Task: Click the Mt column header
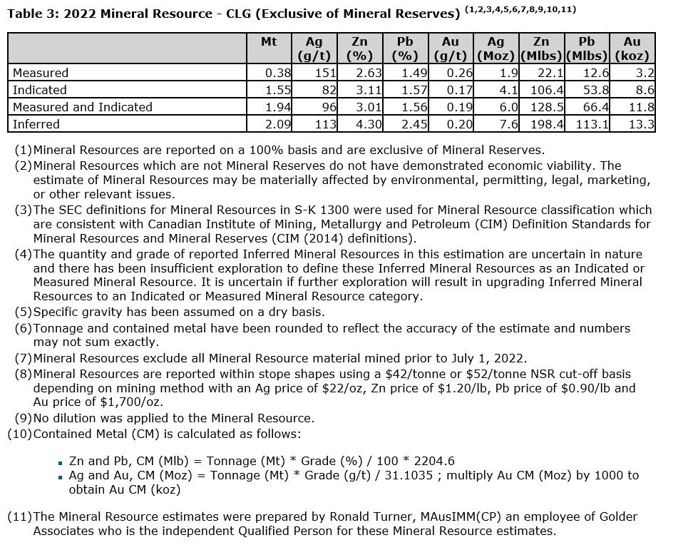pyautogui.click(x=269, y=42)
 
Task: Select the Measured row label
pyautogui.click(x=41, y=73)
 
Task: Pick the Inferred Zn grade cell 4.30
pyautogui.click(x=369, y=124)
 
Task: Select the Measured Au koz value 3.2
pyautogui.click(x=646, y=73)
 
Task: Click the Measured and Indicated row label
pyautogui.click(x=83, y=107)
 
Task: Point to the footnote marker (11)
pyautogui.click(x=19, y=516)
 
